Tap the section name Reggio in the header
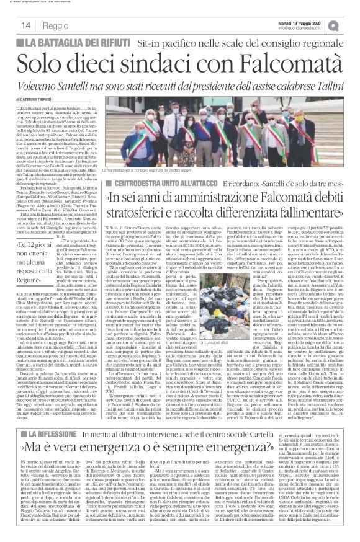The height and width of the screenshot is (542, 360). tap(55, 25)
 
